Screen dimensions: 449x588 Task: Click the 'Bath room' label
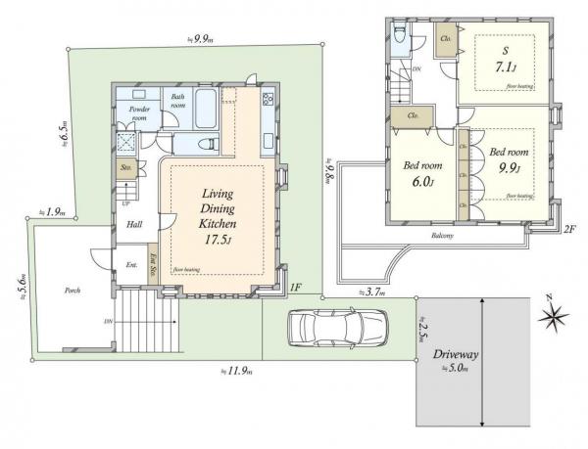coord(178,100)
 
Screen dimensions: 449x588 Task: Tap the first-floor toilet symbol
coord(207,144)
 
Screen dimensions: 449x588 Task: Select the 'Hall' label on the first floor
coord(135,224)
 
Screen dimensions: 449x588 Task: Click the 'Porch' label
coord(73,291)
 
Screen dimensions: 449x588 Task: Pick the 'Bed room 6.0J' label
coord(422,173)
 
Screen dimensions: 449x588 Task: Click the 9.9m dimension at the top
coord(202,39)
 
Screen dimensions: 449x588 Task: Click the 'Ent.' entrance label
coord(130,265)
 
